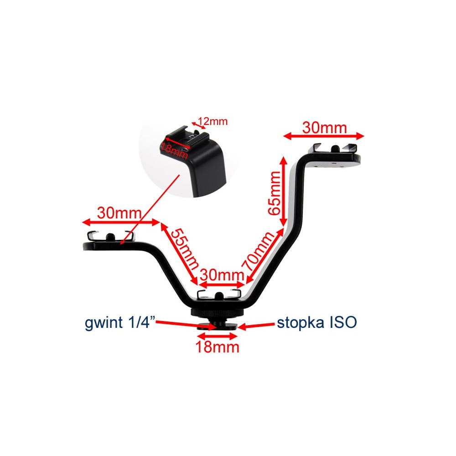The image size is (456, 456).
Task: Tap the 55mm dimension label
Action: (185, 248)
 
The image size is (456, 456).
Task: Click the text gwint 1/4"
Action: (121, 323)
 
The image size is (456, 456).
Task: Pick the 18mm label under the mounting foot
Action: (218, 347)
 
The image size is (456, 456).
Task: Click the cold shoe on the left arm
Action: (110, 238)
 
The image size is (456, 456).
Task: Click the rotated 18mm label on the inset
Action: (174, 149)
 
